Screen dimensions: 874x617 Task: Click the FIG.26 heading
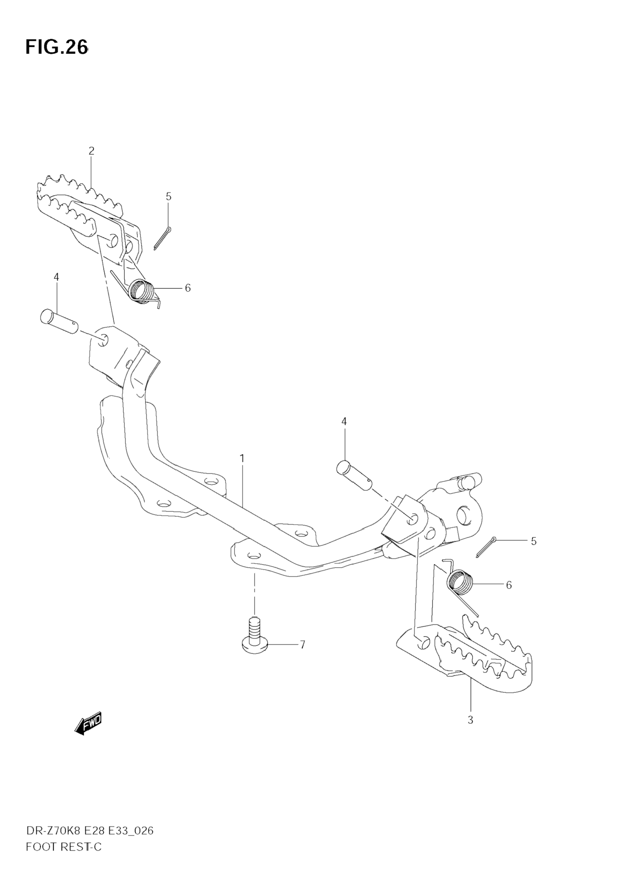[x=57, y=47]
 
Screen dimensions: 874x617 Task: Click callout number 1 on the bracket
[x=242, y=458]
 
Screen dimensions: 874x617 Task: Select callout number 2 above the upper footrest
[x=91, y=151]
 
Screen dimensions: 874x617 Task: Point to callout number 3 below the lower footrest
[x=470, y=720]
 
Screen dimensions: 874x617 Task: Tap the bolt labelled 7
[x=255, y=640]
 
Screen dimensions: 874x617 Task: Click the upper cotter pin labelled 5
[x=162, y=238]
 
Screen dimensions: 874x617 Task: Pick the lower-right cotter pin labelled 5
[x=486, y=547]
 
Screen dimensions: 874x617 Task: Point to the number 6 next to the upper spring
[x=188, y=288]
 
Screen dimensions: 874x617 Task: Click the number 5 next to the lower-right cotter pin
[x=534, y=541]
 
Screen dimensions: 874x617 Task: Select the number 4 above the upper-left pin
[x=56, y=277]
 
